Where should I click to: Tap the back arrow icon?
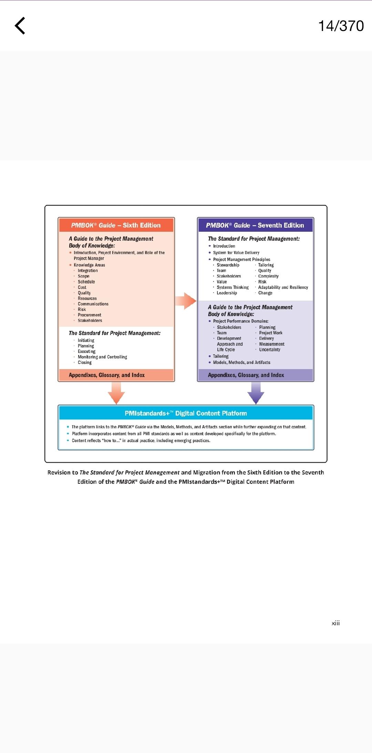click(20, 26)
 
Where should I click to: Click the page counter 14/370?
click(341, 26)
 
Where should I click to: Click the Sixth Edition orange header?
click(116, 225)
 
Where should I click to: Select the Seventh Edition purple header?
click(255, 225)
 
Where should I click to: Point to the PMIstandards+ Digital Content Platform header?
click(186, 413)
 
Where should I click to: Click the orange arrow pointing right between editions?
click(186, 301)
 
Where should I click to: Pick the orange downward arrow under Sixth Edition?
click(116, 393)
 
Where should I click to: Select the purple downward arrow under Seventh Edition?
click(256, 393)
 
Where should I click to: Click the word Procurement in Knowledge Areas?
click(90, 315)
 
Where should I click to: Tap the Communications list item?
click(93, 304)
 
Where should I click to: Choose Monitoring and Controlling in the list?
click(102, 357)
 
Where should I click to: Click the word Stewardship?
click(228, 265)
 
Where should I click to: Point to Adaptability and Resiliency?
click(283, 287)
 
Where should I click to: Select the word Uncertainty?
click(270, 350)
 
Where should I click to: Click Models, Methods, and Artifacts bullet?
click(241, 363)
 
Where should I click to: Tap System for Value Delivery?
click(236, 253)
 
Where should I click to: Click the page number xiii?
click(335, 623)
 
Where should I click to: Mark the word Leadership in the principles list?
click(227, 293)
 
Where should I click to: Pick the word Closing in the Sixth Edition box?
click(85, 363)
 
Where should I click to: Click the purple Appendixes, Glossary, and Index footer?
click(246, 375)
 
